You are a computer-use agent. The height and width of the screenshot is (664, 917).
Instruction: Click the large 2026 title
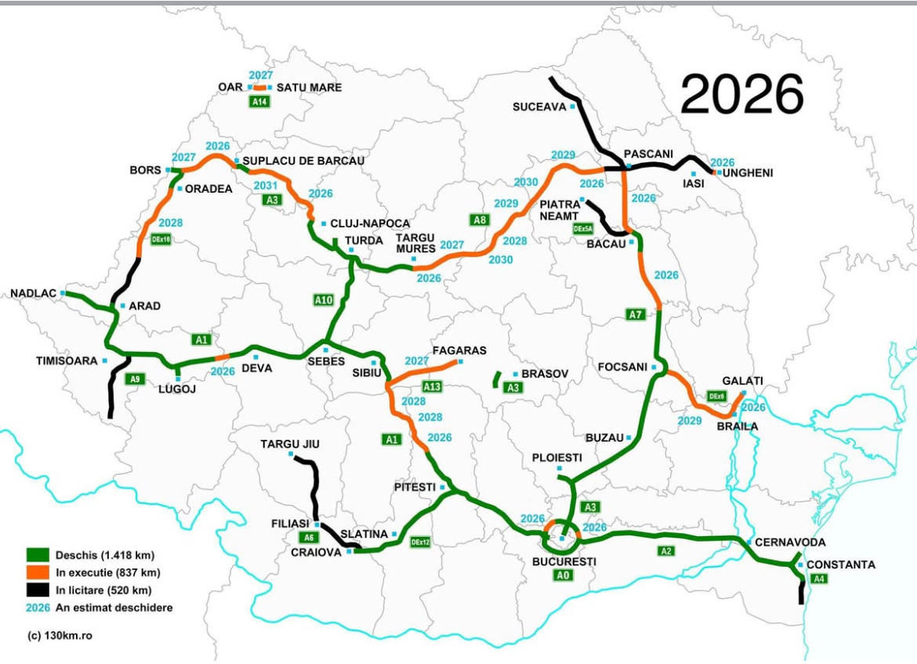[x=741, y=96]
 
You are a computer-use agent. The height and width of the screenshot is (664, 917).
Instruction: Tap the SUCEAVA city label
[x=538, y=107]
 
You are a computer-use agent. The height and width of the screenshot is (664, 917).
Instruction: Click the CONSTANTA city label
[x=841, y=564]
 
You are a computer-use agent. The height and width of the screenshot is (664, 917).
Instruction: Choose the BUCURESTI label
[x=564, y=561]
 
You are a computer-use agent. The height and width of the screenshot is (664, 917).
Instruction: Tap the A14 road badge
[x=259, y=102]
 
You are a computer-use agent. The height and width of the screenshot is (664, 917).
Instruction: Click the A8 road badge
[x=480, y=220]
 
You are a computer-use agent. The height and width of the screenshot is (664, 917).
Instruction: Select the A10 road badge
[x=324, y=299]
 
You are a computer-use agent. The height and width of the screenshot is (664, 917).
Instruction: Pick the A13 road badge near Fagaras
[x=433, y=386]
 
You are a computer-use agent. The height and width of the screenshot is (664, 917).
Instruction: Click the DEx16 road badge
[x=161, y=239]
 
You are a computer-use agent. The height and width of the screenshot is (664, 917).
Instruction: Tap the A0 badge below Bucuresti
[x=563, y=575]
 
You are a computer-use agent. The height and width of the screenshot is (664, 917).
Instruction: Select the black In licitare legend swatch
[x=37, y=590]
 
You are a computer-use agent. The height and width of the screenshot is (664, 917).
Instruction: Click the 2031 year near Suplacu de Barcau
[x=266, y=186]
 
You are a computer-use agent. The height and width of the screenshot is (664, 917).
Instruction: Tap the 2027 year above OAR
[x=260, y=75]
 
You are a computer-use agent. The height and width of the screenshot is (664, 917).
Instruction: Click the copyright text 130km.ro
[x=60, y=634]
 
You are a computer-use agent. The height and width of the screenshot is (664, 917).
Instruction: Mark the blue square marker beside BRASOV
[x=515, y=375]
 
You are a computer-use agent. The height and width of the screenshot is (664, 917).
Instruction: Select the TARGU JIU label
[x=290, y=444]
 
